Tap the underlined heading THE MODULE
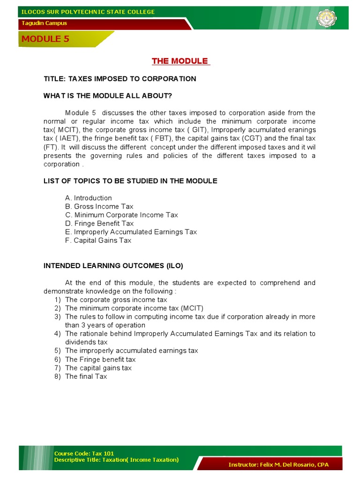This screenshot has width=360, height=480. pyautogui.click(x=180, y=61)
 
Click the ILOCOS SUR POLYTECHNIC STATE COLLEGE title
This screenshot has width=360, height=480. pyautogui.click(x=88, y=12)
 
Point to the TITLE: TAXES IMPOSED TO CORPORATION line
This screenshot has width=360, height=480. pyautogui.click(x=120, y=79)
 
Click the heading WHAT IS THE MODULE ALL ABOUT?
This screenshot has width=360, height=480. pyautogui.click(x=108, y=96)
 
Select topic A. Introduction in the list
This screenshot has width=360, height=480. pyautogui.click(x=88, y=198)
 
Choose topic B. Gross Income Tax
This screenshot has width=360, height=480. pyautogui.click(x=99, y=206)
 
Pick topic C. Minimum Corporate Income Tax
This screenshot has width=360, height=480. pyautogui.click(x=121, y=215)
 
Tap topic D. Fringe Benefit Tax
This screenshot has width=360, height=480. pyautogui.click(x=99, y=223)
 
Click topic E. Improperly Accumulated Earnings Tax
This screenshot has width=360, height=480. pyautogui.click(x=131, y=232)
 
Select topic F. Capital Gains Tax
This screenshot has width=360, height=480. pyautogui.click(x=98, y=240)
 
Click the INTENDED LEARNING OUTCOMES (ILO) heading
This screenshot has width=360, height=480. pyautogui.click(x=113, y=266)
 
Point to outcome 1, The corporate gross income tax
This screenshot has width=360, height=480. pyautogui.click(x=116, y=300)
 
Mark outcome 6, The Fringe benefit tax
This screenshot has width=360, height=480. pyautogui.click(x=100, y=359)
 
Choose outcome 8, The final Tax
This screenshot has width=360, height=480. pyautogui.click(x=86, y=376)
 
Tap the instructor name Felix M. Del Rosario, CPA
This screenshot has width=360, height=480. pyautogui.click(x=278, y=465)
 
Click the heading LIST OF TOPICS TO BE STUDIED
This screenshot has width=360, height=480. pyautogui.click(x=130, y=181)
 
